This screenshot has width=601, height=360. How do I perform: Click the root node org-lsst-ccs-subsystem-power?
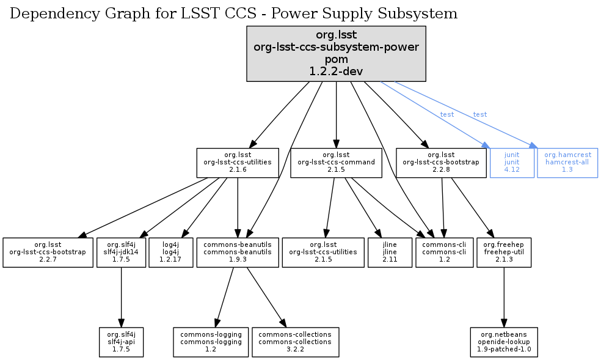336,53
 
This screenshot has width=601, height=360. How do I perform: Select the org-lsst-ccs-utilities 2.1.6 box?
237,163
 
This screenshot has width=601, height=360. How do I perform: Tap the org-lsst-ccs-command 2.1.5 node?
336,163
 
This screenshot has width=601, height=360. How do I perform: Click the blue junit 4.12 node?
512,163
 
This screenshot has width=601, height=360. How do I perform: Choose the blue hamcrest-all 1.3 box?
567,163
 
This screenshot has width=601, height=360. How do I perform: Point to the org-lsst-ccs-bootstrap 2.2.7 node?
47,252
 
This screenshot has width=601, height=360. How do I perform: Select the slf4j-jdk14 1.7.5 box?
121,252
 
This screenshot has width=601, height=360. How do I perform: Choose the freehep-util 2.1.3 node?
503,252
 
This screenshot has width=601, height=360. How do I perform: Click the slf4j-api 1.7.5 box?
121,342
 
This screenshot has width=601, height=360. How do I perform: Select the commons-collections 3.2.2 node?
295,342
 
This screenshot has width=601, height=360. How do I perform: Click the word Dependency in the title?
44,13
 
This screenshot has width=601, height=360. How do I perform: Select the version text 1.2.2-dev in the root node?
336,71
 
